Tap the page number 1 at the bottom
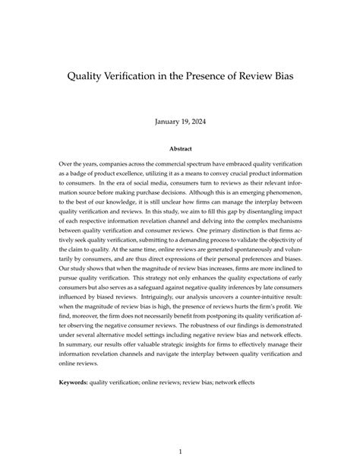[x=180, y=430]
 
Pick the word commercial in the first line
[x=157, y=163]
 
